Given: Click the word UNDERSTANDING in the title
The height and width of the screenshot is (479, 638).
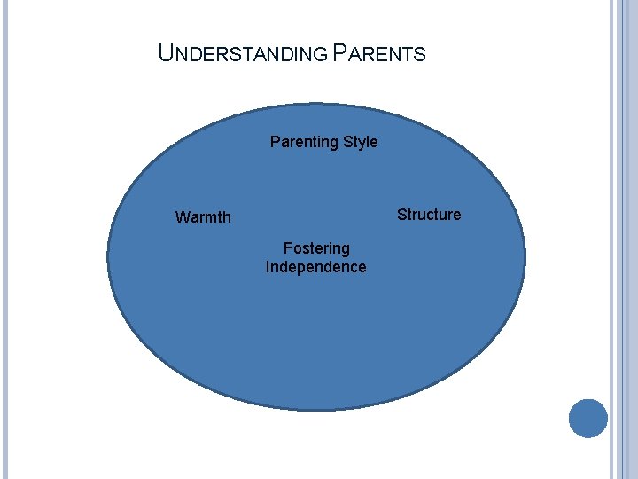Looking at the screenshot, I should pos(244,54).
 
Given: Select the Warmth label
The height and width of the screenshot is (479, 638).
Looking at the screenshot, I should pos(203,217).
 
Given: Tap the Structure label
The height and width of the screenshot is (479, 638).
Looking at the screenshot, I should pos(429,215).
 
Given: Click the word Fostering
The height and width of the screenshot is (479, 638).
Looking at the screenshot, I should pos(316,248).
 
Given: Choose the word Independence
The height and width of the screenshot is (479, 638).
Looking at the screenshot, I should pos(315,267).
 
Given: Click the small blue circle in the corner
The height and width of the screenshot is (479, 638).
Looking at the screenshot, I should pos(587,418).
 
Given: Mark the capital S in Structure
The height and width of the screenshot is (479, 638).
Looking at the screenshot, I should pos(401,215).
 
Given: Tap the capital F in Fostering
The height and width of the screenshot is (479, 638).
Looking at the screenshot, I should pos(287,248).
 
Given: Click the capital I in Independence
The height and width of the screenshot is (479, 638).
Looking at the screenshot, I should pos(268,267).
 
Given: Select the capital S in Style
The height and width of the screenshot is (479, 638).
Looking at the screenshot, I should pos(346,142).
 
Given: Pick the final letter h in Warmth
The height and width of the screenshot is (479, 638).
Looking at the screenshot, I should pos(227,217).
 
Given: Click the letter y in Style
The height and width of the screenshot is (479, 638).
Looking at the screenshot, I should pos(362,143).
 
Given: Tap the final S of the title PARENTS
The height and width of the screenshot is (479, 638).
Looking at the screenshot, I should pos(421,55).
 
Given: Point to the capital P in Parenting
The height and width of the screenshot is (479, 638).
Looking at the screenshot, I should pos(275,142).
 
